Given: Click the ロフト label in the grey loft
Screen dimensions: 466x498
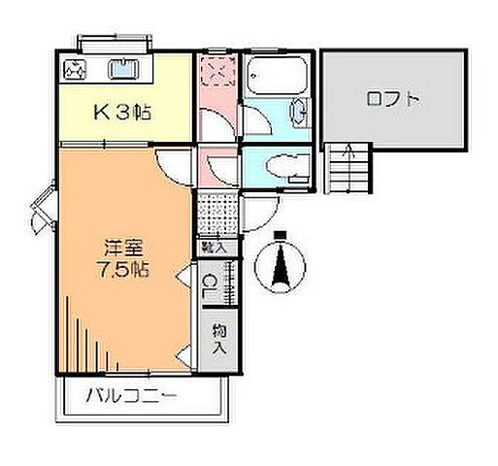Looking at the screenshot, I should pos(394,98).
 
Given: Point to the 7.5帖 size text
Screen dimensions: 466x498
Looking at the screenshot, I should pos(122,270).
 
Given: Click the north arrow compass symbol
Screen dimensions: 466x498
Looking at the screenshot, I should pos(281,265).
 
